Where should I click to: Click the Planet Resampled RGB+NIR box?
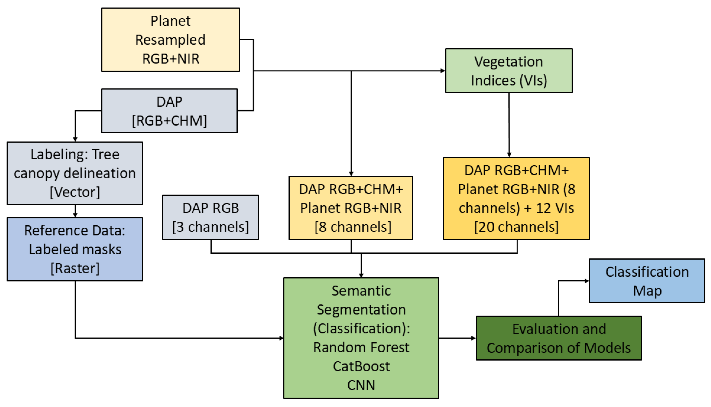(170, 40)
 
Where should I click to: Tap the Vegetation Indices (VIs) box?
(508, 71)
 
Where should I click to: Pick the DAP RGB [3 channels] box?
(210, 217)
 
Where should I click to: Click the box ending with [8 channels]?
(351, 208)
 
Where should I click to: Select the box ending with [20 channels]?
(516, 198)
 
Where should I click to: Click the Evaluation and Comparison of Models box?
(559, 338)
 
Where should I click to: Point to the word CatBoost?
(361, 366)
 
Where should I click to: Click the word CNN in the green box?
(361, 385)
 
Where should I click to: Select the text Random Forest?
(361, 347)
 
